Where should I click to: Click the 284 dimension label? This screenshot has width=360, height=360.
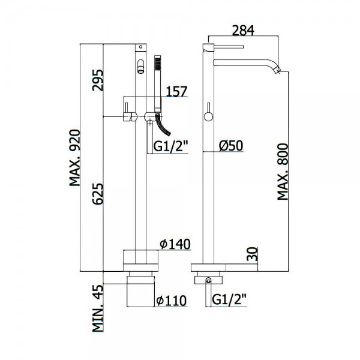point(243,31)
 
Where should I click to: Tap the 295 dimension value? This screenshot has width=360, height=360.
point(98,80)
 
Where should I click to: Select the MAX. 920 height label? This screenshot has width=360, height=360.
point(75,158)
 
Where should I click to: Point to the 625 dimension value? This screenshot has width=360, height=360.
point(98,194)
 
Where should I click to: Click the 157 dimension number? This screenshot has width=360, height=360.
point(176,91)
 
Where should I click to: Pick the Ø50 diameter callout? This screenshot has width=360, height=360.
point(231,146)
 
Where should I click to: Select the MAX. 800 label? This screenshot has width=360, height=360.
point(283,172)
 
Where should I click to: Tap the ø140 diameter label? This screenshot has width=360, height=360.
point(175,244)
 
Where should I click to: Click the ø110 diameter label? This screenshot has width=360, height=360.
point(172,301)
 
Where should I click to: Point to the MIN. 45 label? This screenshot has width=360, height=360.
point(98,308)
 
